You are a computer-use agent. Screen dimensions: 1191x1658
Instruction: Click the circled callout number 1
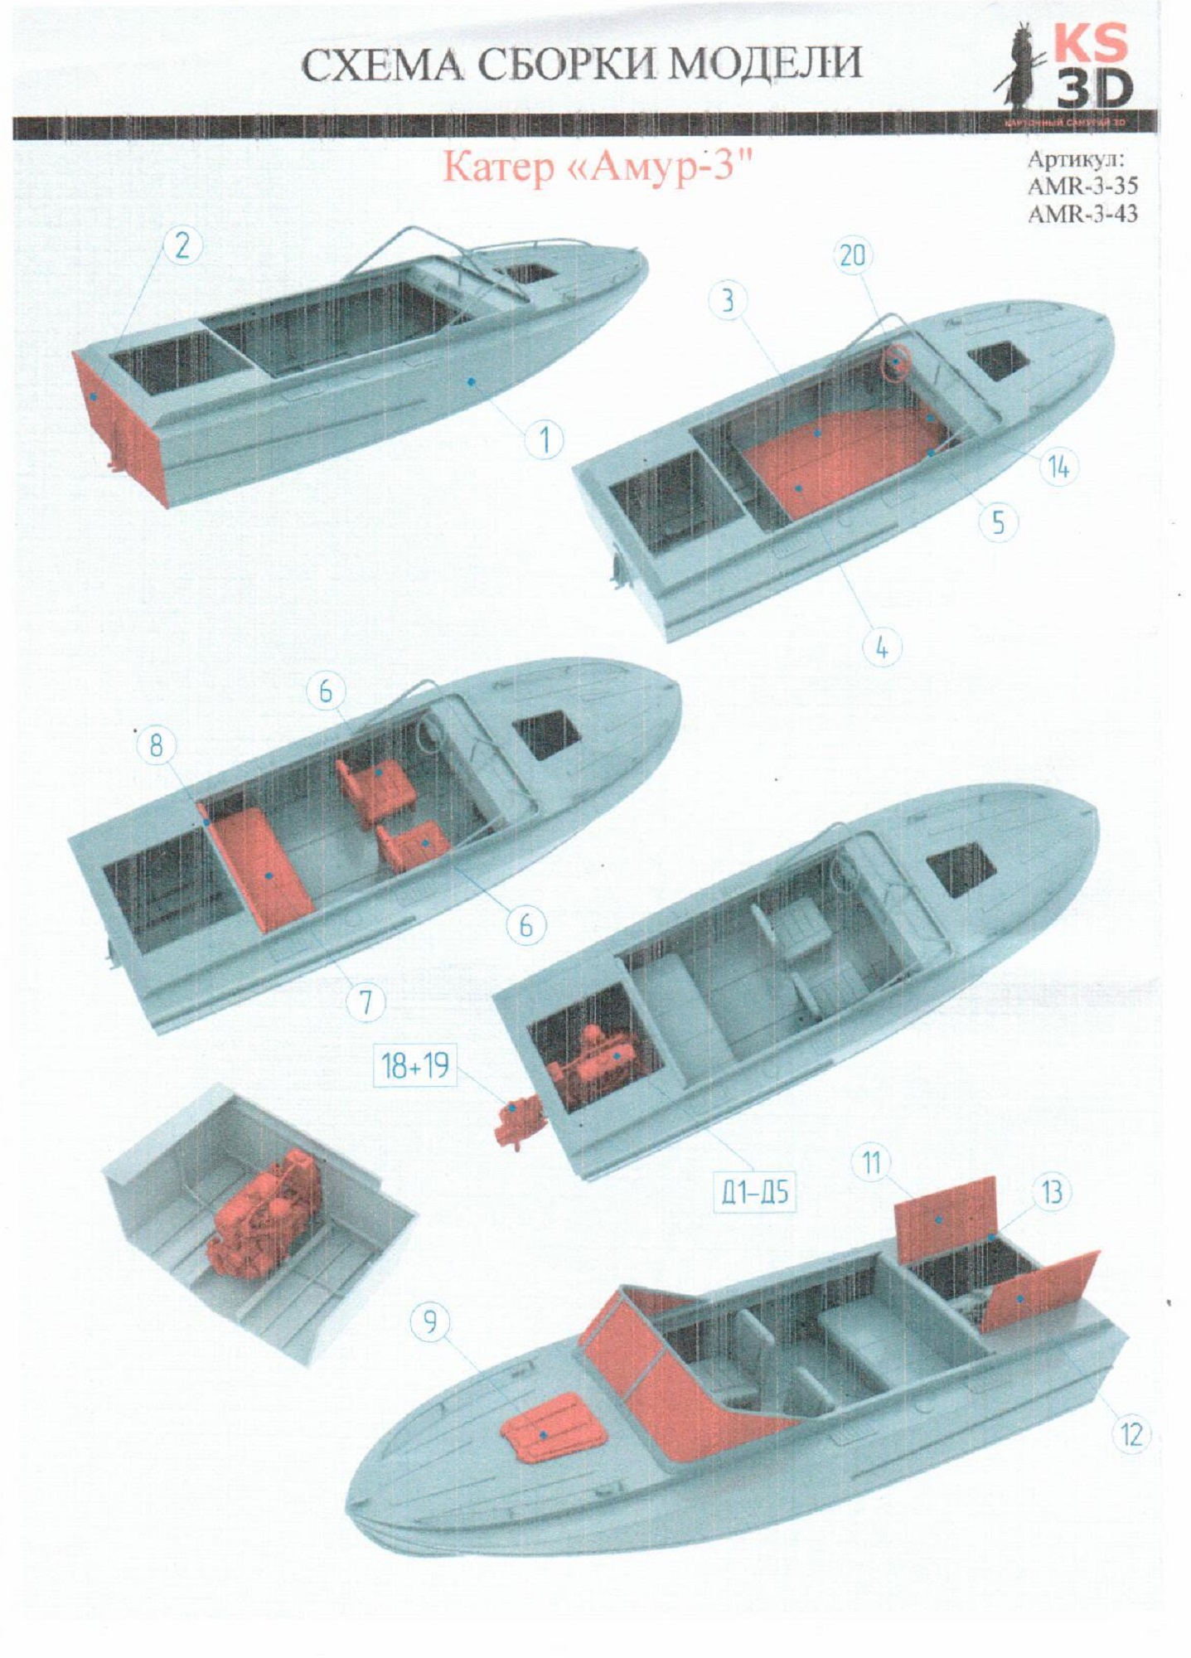click(x=544, y=440)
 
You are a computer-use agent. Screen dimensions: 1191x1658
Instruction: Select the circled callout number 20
click(x=852, y=256)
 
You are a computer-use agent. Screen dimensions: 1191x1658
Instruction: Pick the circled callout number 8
click(x=156, y=747)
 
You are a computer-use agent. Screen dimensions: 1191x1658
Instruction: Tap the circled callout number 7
click(x=366, y=1003)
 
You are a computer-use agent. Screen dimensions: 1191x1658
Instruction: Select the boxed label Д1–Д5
click(x=753, y=1195)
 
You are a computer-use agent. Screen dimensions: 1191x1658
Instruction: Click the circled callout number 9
click(x=429, y=1320)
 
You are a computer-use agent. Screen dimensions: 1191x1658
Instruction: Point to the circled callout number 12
click(x=1130, y=1433)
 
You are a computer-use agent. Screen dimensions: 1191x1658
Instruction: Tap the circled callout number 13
click(x=1052, y=1193)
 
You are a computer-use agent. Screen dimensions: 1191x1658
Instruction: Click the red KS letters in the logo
click(x=1091, y=43)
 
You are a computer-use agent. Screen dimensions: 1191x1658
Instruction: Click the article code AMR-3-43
click(x=1082, y=214)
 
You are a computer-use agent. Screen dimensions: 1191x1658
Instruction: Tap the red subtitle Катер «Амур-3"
click(x=590, y=167)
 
